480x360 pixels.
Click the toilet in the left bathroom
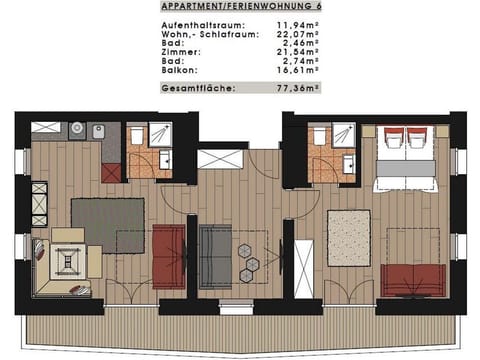tap(136, 137)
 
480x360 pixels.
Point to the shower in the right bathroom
tap(344, 137)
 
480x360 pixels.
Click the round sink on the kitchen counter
tap(75, 130)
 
